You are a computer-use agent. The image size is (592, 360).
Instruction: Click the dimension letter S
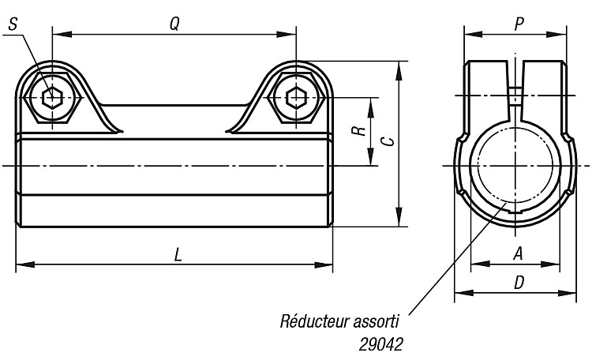[x=13, y=24]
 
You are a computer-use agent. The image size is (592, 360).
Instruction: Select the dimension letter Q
[x=174, y=24]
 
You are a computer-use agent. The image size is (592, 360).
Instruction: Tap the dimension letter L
[x=178, y=255]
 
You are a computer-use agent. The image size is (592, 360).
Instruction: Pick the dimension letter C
[x=388, y=141]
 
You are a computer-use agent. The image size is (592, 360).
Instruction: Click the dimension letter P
[x=519, y=24]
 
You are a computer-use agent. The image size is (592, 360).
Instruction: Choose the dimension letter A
[x=519, y=253]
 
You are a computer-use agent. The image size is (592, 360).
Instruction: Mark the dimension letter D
[x=519, y=282]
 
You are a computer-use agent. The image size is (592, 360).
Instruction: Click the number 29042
[x=380, y=344]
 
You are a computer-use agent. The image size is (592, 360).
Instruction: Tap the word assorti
[x=377, y=322]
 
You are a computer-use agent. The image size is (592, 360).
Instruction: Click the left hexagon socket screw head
[x=52, y=98]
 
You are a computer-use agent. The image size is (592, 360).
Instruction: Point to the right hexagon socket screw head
[x=297, y=98]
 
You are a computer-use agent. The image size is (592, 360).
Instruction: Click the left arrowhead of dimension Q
[x=62, y=35]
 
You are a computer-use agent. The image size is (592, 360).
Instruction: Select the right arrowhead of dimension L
[x=323, y=264]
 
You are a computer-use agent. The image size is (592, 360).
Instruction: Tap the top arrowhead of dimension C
[x=399, y=70]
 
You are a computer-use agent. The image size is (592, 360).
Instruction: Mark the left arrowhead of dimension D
[x=464, y=293]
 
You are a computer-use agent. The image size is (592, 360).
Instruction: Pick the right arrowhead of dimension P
[x=556, y=35]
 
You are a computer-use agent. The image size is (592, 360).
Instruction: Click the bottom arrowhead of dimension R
[x=371, y=156]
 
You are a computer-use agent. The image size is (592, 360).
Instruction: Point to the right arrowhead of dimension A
[x=550, y=264]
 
